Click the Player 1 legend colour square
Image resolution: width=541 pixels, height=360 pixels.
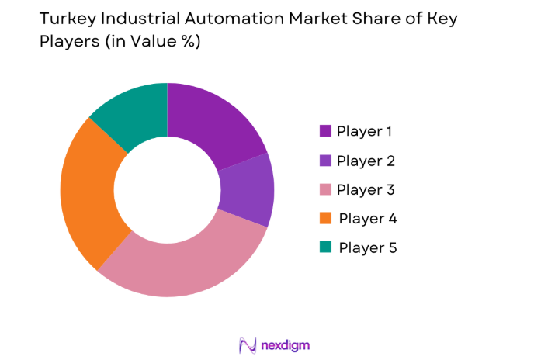324,131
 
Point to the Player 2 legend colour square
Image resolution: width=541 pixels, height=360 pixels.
324,161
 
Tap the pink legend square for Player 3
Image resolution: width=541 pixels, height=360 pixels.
324,189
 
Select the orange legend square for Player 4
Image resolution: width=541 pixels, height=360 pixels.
324,218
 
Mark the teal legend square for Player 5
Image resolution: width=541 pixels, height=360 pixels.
324,247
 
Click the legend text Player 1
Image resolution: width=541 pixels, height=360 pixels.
365,131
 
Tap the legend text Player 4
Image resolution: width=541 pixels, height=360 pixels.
368,218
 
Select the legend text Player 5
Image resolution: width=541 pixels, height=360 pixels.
368,247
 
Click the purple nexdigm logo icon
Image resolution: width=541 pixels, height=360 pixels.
248,344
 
